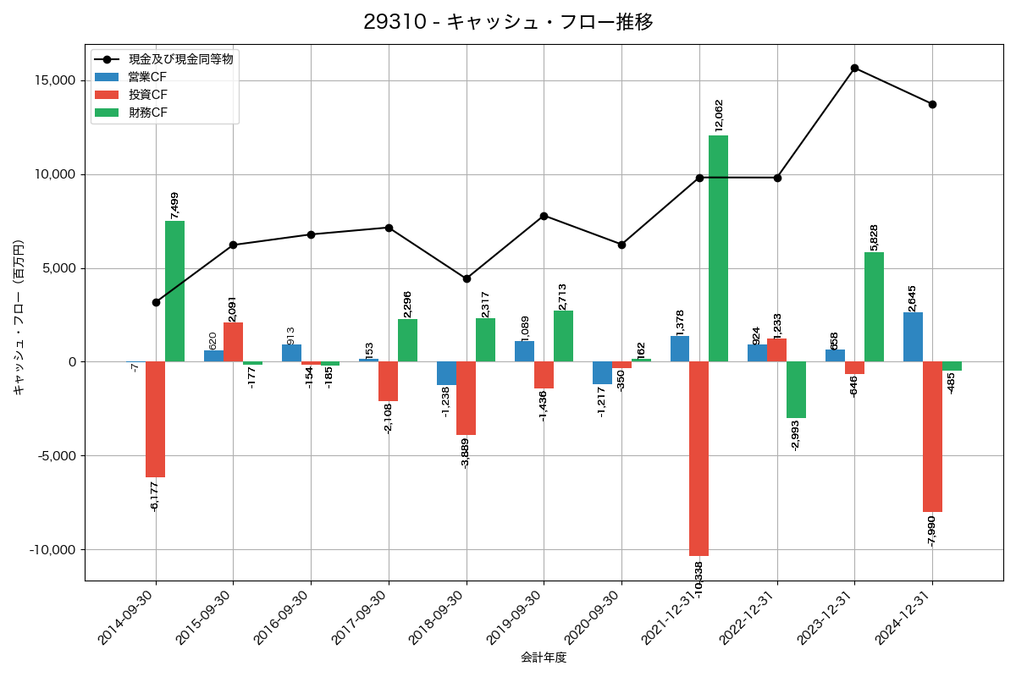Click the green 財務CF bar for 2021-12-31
718,249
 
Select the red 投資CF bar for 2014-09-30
155,420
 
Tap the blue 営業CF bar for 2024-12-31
913,337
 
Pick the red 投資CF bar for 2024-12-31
932,437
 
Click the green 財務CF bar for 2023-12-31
874,307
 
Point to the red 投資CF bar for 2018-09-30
467,399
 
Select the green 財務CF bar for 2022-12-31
796,390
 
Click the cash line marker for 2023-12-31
854,68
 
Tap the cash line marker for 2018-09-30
467,278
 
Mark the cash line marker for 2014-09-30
156,302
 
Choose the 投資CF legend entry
147,95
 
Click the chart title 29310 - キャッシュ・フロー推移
508,22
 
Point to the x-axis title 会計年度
543,658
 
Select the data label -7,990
932,531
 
